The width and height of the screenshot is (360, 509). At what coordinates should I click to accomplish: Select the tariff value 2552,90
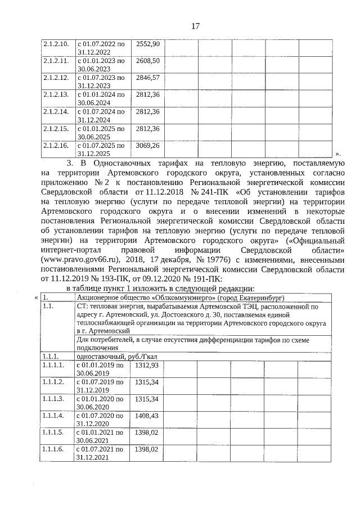pos(148,44)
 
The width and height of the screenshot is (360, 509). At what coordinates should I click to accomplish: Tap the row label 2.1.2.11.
pos(56,61)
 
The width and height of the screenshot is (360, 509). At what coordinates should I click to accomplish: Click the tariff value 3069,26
pos(148,145)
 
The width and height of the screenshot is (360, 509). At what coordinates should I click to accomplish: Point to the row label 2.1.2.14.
pos(56,111)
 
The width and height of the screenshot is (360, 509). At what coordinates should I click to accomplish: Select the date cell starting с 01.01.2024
pos(101,98)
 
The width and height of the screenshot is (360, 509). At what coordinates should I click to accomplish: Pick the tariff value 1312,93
pos(147,365)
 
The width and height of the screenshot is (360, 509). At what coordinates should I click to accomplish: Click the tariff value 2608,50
pos(148,61)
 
